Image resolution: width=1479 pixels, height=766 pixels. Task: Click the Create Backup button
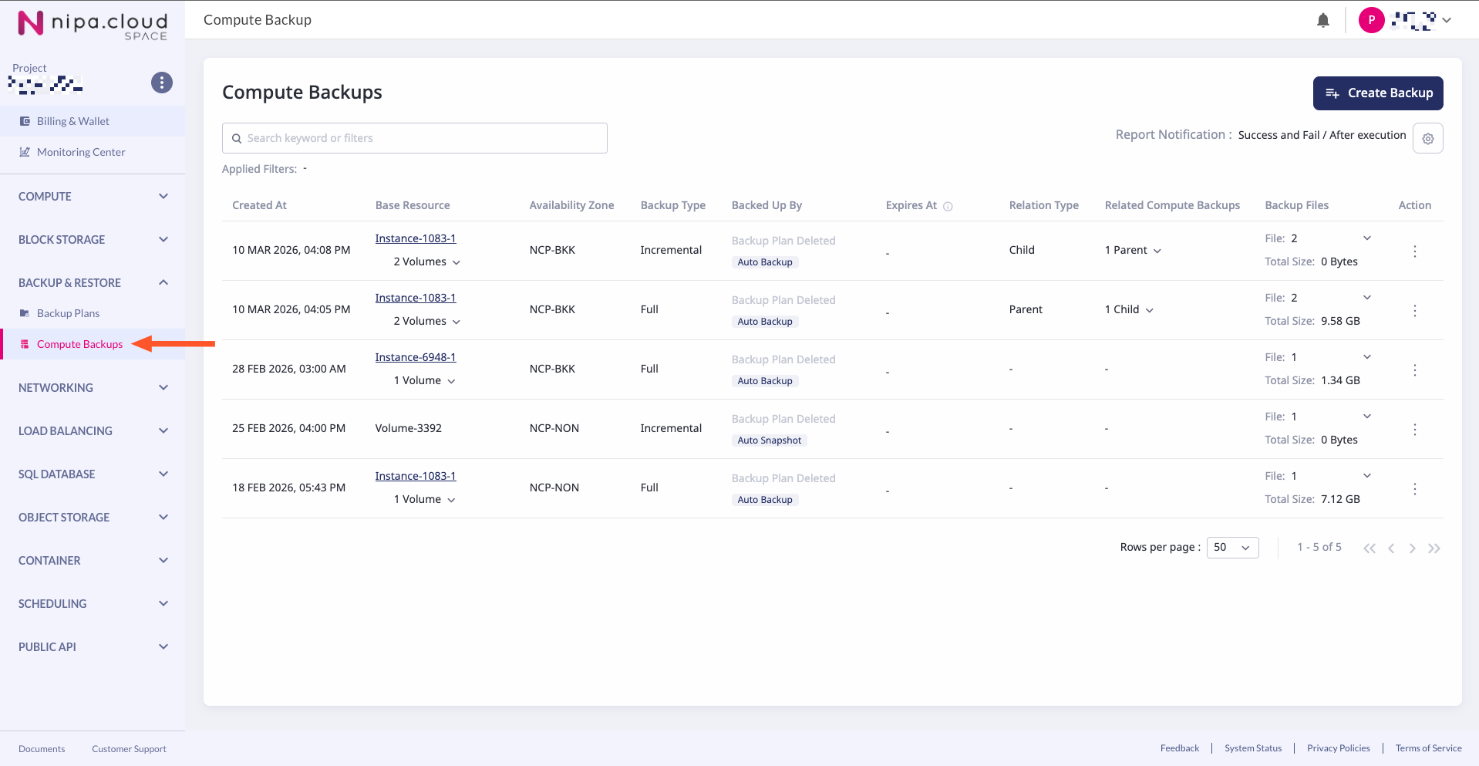(x=1377, y=93)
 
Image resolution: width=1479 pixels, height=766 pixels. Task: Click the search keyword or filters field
(x=415, y=138)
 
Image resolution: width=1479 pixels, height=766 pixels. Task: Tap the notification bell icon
(x=1322, y=21)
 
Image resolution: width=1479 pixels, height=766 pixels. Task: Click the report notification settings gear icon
(x=1427, y=139)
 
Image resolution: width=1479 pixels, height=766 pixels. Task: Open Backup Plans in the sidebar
(x=68, y=313)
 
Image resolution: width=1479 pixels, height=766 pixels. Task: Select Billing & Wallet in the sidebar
(x=72, y=121)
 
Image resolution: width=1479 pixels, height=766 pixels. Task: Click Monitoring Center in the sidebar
(x=80, y=152)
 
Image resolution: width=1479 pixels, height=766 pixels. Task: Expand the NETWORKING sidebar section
(x=93, y=388)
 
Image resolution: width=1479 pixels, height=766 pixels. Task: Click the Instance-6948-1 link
(x=415, y=357)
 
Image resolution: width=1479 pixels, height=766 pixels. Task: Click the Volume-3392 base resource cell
(x=408, y=428)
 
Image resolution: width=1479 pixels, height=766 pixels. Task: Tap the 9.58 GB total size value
(x=1340, y=321)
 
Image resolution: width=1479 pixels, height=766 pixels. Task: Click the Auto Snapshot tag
(x=769, y=440)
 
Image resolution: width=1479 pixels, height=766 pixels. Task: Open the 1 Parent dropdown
(x=1132, y=250)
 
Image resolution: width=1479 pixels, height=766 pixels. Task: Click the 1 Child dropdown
(x=1128, y=309)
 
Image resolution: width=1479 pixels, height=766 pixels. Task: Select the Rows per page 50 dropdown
(x=1231, y=548)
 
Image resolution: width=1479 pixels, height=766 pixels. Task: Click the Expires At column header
(x=911, y=205)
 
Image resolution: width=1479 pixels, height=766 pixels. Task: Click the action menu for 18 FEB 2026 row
(x=1414, y=489)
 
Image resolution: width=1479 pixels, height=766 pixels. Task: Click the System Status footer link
(x=1252, y=748)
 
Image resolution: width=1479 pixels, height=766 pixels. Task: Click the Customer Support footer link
(x=129, y=749)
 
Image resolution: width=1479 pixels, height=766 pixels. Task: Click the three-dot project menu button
(x=161, y=83)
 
